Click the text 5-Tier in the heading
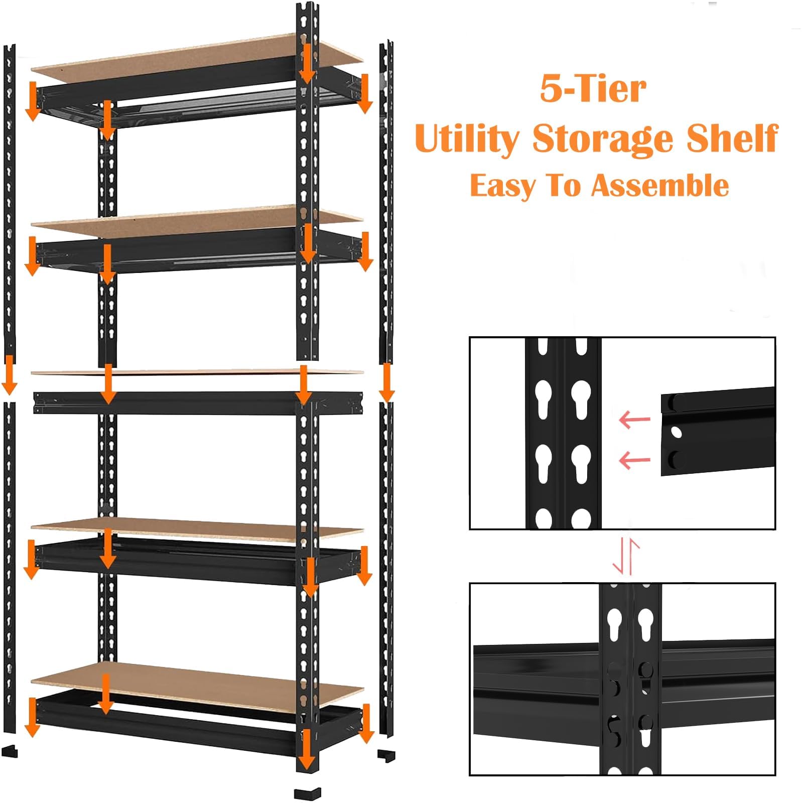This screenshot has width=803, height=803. pyautogui.click(x=593, y=89)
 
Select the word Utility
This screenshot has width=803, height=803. pyautogui.click(x=467, y=139)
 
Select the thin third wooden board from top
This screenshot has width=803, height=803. pyautogui.click(x=197, y=372)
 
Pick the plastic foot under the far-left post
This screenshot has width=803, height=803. pyautogui.click(x=10, y=751)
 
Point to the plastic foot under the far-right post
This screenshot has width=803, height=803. pyautogui.click(x=386, y=755)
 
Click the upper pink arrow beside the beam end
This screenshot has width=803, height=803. pyautogui.click(x=634, y=420)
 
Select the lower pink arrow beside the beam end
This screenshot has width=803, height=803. pyautogui.click(x=635, y=460)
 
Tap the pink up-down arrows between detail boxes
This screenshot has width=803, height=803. pyautogui.click(x=626, y=556)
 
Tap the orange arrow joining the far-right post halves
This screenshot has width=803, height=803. pyautogui.click(x=386, y=382)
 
